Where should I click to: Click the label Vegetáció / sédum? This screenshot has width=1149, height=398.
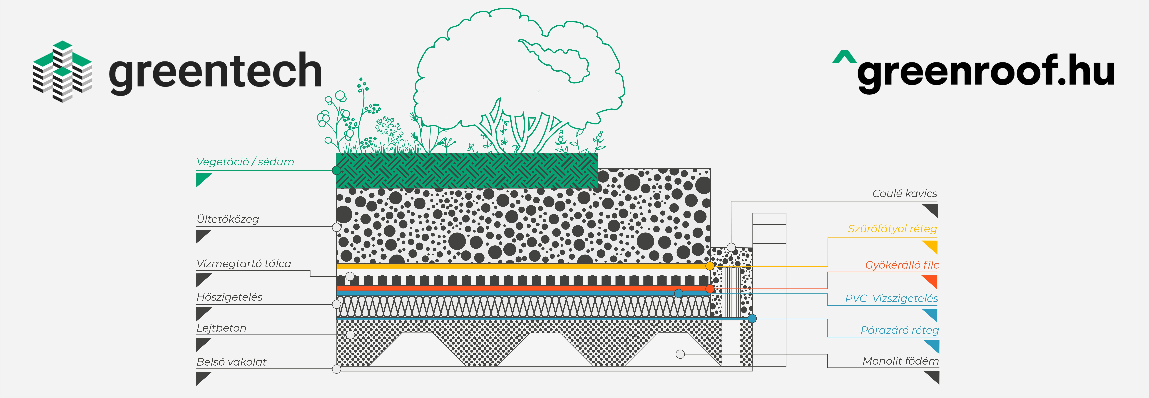click(245, 162)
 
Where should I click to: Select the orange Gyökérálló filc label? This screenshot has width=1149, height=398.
click(902, 265)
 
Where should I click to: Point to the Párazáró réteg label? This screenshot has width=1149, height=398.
click(900, 330)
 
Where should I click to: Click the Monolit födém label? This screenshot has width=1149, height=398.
click(901, 361)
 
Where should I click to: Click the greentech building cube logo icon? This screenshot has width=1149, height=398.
click(62, 71)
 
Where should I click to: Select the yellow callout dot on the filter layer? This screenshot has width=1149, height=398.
click(710, 266)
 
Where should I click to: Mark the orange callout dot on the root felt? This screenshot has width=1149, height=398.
click(710, 289)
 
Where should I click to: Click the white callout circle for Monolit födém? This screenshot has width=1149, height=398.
click(680, 354)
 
